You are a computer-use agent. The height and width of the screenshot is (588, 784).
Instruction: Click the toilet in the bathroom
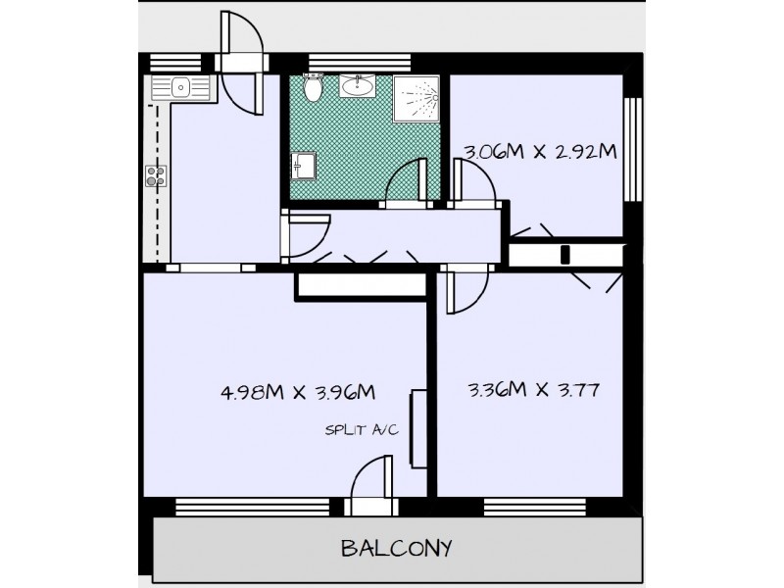[x=312, y=89]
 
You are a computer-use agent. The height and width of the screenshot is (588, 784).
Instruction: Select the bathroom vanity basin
[x=356, y=88]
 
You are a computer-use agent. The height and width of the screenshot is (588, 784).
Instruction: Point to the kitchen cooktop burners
[x=155, y=176]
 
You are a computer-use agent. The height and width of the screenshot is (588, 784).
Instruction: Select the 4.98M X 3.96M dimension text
[x=299, y=393]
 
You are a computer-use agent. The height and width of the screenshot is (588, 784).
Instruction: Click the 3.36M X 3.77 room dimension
[x=534, y=389]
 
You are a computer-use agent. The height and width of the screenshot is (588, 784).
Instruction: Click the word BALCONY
[x=396, y=547]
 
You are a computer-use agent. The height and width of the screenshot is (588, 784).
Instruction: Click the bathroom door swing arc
[x=403, y=183]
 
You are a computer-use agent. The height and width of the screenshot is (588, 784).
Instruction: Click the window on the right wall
[x=633, y=147]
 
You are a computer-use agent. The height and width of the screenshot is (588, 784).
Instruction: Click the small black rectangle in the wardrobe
[x=565, y=256]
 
